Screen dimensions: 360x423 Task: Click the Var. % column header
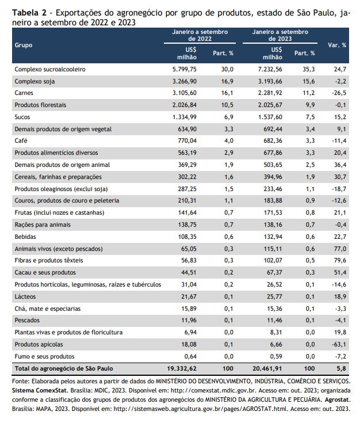pos(337,45)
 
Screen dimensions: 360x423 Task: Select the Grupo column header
pos(24,45)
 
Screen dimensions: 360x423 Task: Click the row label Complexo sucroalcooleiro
pos(50,69)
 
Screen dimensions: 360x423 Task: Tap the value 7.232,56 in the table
pos(270,69)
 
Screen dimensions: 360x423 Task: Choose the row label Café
pos(21,141)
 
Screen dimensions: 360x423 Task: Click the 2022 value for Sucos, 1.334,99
pos(185,117)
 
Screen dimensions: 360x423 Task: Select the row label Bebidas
pos(25,237)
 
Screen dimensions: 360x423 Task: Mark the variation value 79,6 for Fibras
pos(340,261)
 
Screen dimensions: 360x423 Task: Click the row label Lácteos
pos(25,297)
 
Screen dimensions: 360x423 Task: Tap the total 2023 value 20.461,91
pos(267,368)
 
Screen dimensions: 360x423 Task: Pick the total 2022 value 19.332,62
pos(182,368)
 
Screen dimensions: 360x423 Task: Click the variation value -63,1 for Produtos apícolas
pos(339,345)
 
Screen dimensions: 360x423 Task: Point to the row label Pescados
pos(27,321)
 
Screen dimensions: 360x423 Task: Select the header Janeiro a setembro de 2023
pos(280,35)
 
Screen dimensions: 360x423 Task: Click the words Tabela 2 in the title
pos(29,13)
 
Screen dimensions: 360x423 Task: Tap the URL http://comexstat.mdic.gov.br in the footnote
pos(214,391)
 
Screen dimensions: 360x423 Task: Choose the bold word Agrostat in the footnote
pos(337,400)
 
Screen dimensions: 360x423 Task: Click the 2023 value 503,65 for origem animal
pos(273,165)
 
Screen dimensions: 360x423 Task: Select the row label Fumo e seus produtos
pos(44,357)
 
